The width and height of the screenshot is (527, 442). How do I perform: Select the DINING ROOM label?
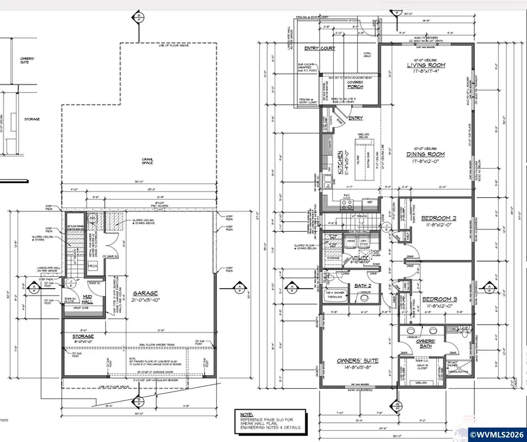tap(425, 155)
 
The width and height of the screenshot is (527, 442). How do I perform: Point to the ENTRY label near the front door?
tap(355, 118)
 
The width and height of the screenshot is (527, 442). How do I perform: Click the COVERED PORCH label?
tap(355, 85)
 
